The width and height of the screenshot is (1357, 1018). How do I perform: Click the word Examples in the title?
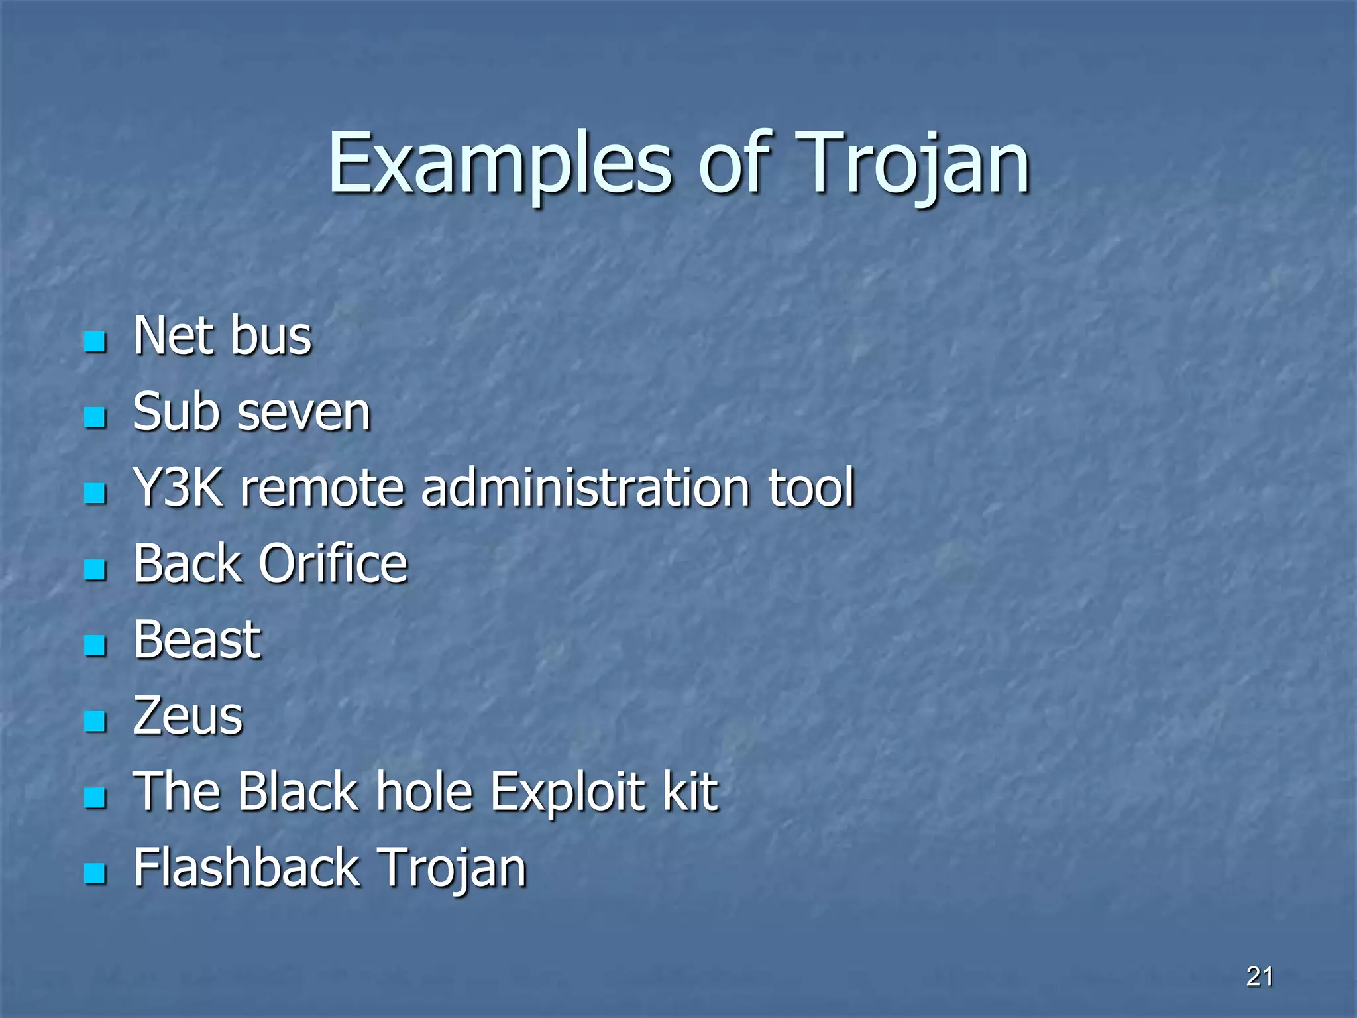[x=500, y=164]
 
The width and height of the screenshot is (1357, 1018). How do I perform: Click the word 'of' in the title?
[x=735, y=164]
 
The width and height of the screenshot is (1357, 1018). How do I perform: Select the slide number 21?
[x=1259, y=976]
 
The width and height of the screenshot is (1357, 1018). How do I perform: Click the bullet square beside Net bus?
[x=95, y=342]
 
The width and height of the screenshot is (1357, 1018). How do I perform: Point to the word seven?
[x=304, y=413]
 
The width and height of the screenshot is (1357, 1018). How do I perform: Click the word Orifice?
[x=333, y=564]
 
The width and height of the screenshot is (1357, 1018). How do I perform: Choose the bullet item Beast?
[x=197, y=640]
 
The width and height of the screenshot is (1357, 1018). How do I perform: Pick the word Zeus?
[x=188, y=716]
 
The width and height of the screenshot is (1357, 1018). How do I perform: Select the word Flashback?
[x=246, y=868]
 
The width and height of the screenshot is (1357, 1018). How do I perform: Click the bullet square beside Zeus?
[x=95, y=721]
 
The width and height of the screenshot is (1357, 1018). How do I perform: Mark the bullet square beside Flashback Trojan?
[x=95, y=874]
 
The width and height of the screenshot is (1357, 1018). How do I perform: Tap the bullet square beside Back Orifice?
[x=95, y=569]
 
